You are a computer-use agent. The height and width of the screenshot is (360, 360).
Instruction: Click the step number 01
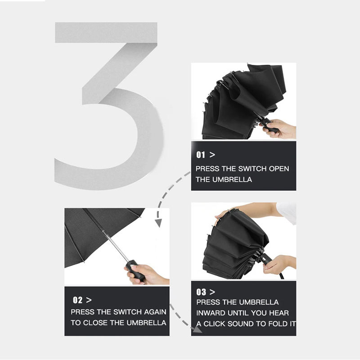[x=200, y=154]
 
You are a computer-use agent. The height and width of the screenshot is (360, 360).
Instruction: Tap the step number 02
[x=77, y=300]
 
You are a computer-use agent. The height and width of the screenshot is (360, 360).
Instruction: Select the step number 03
[x=201, y=292]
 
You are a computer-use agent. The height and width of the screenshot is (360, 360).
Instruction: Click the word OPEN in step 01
[x=279, y=168]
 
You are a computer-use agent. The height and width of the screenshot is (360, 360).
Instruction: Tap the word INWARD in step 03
[x=211, y=313]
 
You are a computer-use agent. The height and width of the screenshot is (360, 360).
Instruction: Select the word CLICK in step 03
[x=214, y=324]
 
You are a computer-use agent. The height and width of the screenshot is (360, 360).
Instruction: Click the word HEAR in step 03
[x=279, y=313]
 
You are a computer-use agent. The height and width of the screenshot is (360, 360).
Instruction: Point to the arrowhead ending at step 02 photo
[x=158, y=223]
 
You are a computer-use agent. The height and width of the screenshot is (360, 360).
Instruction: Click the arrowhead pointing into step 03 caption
[x=198, y=330]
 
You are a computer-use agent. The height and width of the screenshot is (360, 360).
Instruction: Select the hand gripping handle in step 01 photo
[x=280, y=129]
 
